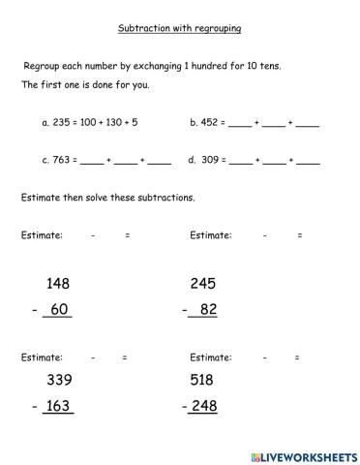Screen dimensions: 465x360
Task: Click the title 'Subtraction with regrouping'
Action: (x=180, y=28)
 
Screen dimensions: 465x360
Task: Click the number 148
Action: (x=58, y=284)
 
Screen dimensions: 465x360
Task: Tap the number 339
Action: (x=58, y=381)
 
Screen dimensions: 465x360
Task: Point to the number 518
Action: (x=202, y=381)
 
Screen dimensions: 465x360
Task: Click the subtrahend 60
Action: (x=60, y=310)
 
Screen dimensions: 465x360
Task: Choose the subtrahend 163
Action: (x=58, y=406)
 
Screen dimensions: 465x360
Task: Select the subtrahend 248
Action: (x=203, y=406)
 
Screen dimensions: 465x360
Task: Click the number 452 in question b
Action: (x=210, y=124)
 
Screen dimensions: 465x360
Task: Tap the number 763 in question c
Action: (x=62, y=160)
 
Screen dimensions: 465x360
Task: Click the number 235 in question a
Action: (x=62, y=124)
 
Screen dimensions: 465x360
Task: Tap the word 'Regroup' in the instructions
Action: (x=42, y=66)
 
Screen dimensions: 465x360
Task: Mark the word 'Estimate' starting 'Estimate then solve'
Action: (x=40, y=198)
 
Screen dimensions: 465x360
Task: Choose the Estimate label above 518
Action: (x=210, y=357)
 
